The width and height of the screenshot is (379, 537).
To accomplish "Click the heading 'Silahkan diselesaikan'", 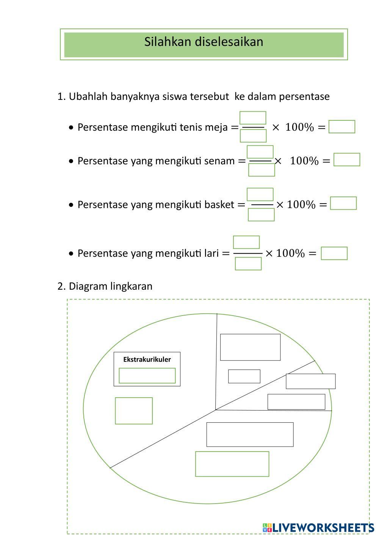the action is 204,42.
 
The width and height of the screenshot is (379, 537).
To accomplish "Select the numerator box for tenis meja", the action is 253,118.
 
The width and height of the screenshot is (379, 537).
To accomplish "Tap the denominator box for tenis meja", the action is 253,136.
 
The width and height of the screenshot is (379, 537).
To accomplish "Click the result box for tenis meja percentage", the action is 341,127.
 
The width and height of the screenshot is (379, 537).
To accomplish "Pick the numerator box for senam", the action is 260,152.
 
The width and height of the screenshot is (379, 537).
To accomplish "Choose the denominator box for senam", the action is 262,170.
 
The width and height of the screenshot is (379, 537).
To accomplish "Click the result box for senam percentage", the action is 346,160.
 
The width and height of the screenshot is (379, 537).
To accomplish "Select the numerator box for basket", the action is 260,194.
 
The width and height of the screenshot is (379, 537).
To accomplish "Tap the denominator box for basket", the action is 261,215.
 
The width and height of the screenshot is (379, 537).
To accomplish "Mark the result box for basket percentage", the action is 343,203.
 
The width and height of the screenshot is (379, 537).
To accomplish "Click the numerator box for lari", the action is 246,242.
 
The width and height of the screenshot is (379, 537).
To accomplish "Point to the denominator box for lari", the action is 248,264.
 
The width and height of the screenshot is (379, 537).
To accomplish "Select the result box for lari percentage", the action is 334,253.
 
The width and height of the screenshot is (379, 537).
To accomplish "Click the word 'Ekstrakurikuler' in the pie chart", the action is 147,359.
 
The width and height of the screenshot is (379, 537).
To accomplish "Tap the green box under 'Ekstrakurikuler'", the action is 147,376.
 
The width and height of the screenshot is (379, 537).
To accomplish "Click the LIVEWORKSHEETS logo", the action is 318,528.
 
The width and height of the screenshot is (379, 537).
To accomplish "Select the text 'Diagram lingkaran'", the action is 110,286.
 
